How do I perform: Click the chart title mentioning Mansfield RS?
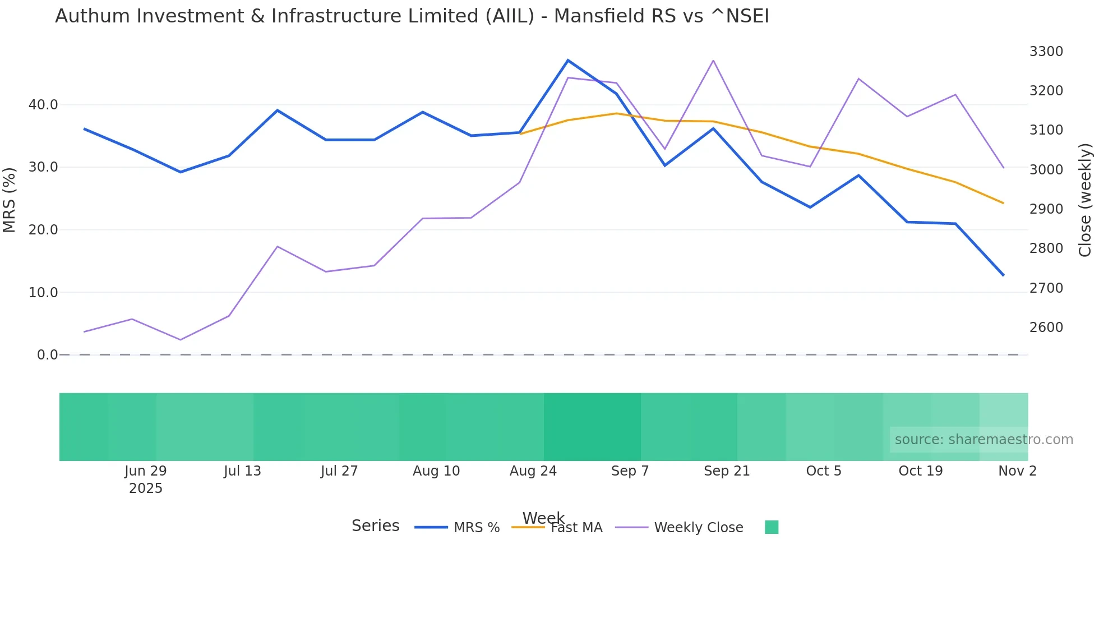[412, 16]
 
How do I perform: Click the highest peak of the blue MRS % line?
[568, 60]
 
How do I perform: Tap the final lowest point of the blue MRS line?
[1003, 275]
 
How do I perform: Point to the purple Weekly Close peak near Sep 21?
[713, 61]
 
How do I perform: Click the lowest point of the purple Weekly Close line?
[181, 340]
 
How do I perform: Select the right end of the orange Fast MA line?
[1003, 203]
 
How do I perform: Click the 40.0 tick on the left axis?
[43, 105]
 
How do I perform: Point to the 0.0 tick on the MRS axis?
[47, 355]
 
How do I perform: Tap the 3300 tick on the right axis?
[1046, 52]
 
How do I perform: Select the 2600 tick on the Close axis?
[1046, 328]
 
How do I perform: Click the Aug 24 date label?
[533, 471]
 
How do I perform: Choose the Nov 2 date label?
[1017, 471]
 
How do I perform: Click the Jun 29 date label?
[146, 471]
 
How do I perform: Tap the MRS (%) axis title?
[10, 200]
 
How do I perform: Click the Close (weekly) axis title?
[1086, 200]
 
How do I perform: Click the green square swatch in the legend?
[772, 527]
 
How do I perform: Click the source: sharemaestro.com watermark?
[983, 440]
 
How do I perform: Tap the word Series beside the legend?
[375, 526]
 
